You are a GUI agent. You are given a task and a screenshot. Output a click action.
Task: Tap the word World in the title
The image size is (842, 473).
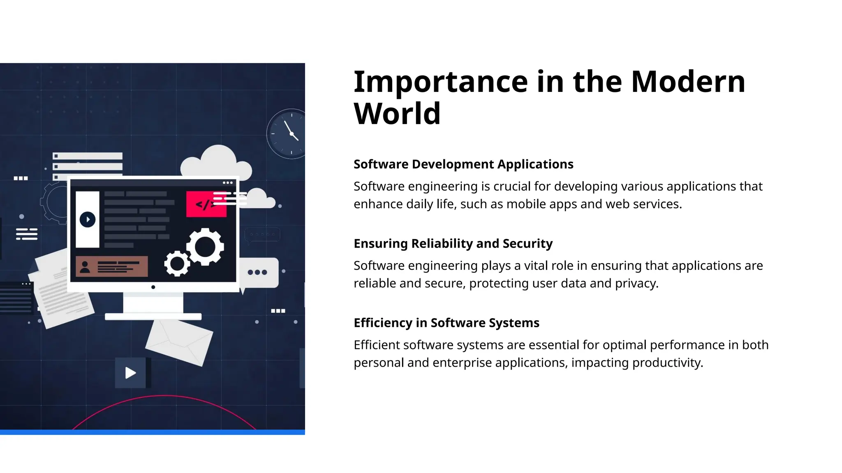click(x=397, y=114)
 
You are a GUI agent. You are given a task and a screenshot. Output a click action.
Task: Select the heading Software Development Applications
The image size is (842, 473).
click(x=463, y=164)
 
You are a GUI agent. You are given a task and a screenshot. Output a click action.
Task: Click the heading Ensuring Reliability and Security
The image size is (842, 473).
click(x=453, y=243)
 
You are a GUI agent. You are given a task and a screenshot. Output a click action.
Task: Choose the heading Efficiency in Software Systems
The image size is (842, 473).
click(x=446, y=323)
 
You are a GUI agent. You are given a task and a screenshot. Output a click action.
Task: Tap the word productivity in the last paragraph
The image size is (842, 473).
click(x=666, y=363)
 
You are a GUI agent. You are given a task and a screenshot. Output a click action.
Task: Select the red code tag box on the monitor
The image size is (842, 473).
click(x=206, y=204)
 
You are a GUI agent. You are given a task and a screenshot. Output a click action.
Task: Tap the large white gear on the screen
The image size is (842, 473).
click(x=205, y=247)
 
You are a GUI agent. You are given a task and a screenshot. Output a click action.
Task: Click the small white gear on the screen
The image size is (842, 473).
click(x=177, y=264)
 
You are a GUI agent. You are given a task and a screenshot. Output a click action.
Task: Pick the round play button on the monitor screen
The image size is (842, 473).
click(x=88, y=219)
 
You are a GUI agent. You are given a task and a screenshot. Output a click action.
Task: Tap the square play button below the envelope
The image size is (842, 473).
click(x=130, y=373)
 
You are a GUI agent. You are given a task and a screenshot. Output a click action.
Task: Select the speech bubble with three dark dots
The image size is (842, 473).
click(x=258, y=272)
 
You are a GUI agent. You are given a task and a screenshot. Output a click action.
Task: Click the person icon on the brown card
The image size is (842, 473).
click(x=85, y=267)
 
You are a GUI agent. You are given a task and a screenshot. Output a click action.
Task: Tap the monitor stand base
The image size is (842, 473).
click(x=153, y=317)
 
